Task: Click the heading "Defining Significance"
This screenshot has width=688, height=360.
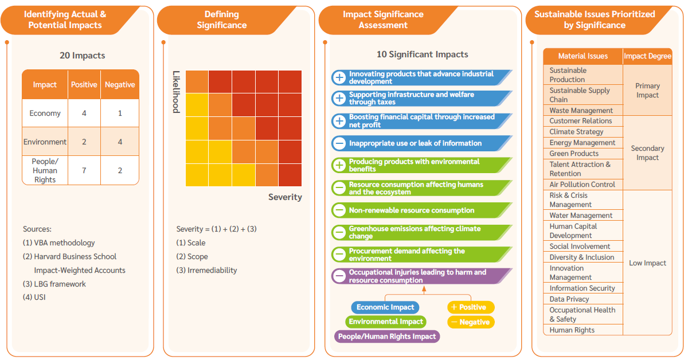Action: (221, 19)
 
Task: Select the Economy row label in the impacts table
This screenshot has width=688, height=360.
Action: (45, 114)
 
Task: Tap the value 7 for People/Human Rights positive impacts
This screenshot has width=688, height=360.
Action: (84, 171)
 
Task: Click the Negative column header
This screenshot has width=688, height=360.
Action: (120, 85)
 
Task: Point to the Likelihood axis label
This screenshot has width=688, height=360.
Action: (176, 92)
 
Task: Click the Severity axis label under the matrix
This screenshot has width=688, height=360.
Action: (285, 197)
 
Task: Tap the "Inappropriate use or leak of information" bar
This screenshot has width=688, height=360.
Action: (421, 143)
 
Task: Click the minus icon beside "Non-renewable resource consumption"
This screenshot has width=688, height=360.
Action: (339, 210)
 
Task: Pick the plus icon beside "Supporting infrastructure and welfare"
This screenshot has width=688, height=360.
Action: (339, 99)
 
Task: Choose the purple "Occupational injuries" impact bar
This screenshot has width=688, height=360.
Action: (421, 276)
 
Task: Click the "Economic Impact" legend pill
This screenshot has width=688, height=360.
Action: (385, 307)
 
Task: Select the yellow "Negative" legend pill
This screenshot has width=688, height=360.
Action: (471, 322)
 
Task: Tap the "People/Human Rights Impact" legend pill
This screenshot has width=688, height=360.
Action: (387, 336)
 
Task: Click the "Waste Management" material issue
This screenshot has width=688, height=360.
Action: (581, 110)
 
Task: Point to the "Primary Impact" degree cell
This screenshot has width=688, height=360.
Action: (647, 91)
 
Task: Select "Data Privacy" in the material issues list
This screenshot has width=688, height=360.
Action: (569, 299)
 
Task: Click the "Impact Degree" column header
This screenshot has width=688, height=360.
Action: (647, 56)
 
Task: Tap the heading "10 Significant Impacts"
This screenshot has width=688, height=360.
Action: (422, 54)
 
